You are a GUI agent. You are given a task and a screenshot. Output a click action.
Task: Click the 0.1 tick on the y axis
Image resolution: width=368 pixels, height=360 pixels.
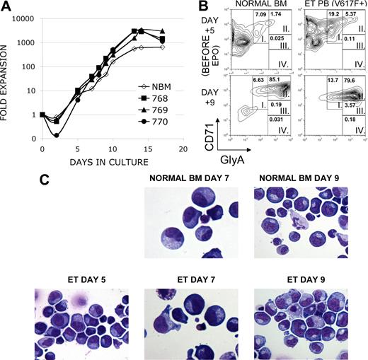point(29,138)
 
